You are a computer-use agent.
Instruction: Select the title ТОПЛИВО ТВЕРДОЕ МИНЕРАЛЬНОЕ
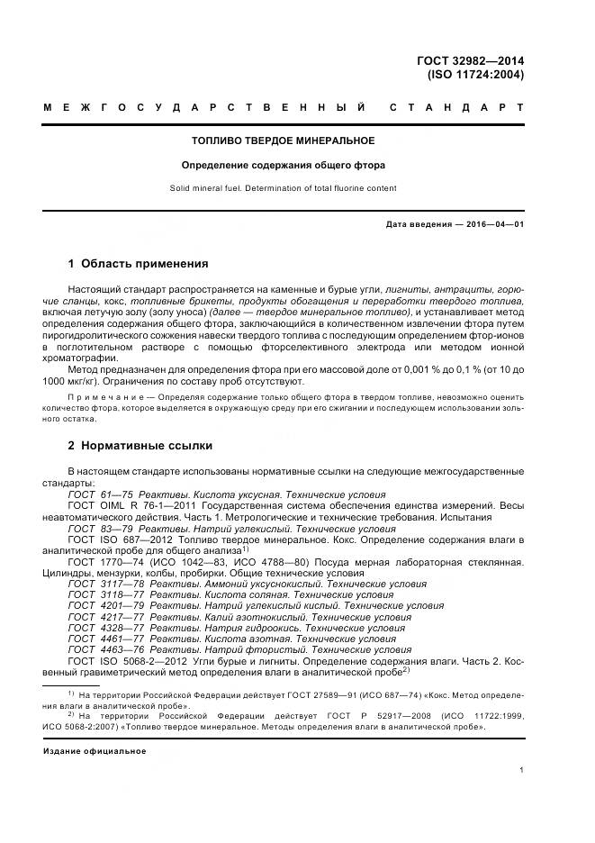click(284, 141)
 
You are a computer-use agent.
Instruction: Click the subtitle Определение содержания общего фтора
click(284, 166)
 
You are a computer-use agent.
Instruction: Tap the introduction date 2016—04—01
click(493, 224)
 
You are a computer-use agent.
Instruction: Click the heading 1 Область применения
click(138, 264)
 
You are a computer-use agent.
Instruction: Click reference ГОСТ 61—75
click(101, 494)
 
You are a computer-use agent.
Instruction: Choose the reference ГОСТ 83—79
click(101, 530)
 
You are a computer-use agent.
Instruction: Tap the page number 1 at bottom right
click(521, 770)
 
